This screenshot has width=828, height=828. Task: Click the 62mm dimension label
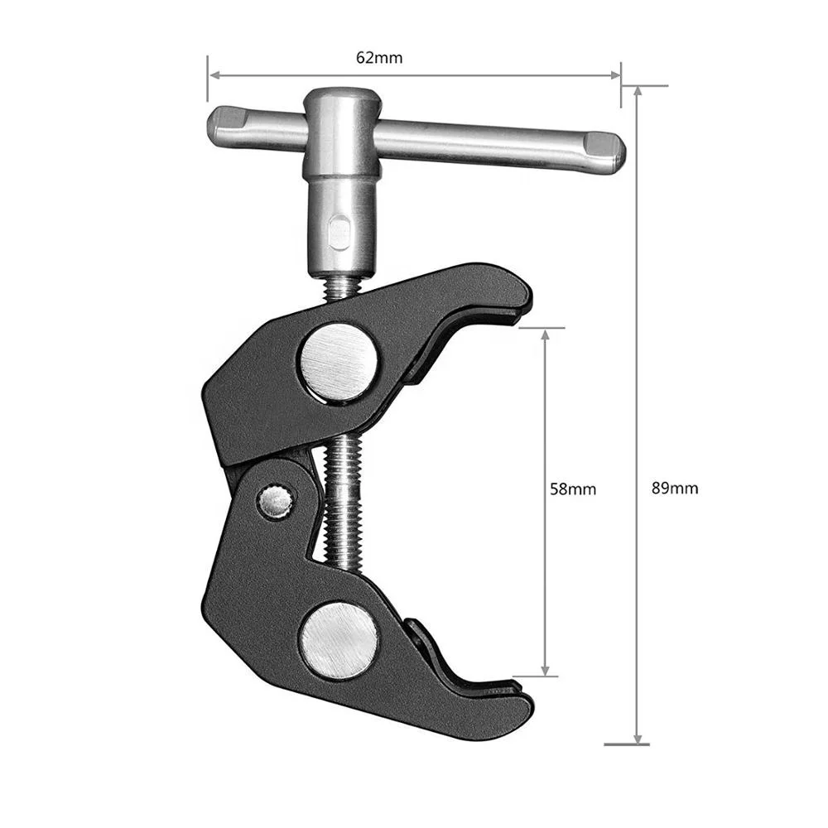point(379,58)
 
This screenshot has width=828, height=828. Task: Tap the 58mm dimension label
point(572,489)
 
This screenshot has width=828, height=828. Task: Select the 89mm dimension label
point(675,489)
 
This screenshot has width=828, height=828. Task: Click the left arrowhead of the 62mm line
point(212,75)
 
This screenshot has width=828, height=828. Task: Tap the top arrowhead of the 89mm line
point(637,92)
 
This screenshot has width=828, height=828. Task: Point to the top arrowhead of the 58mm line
point(545,333)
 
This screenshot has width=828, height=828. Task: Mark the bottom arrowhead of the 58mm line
point(545,670)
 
